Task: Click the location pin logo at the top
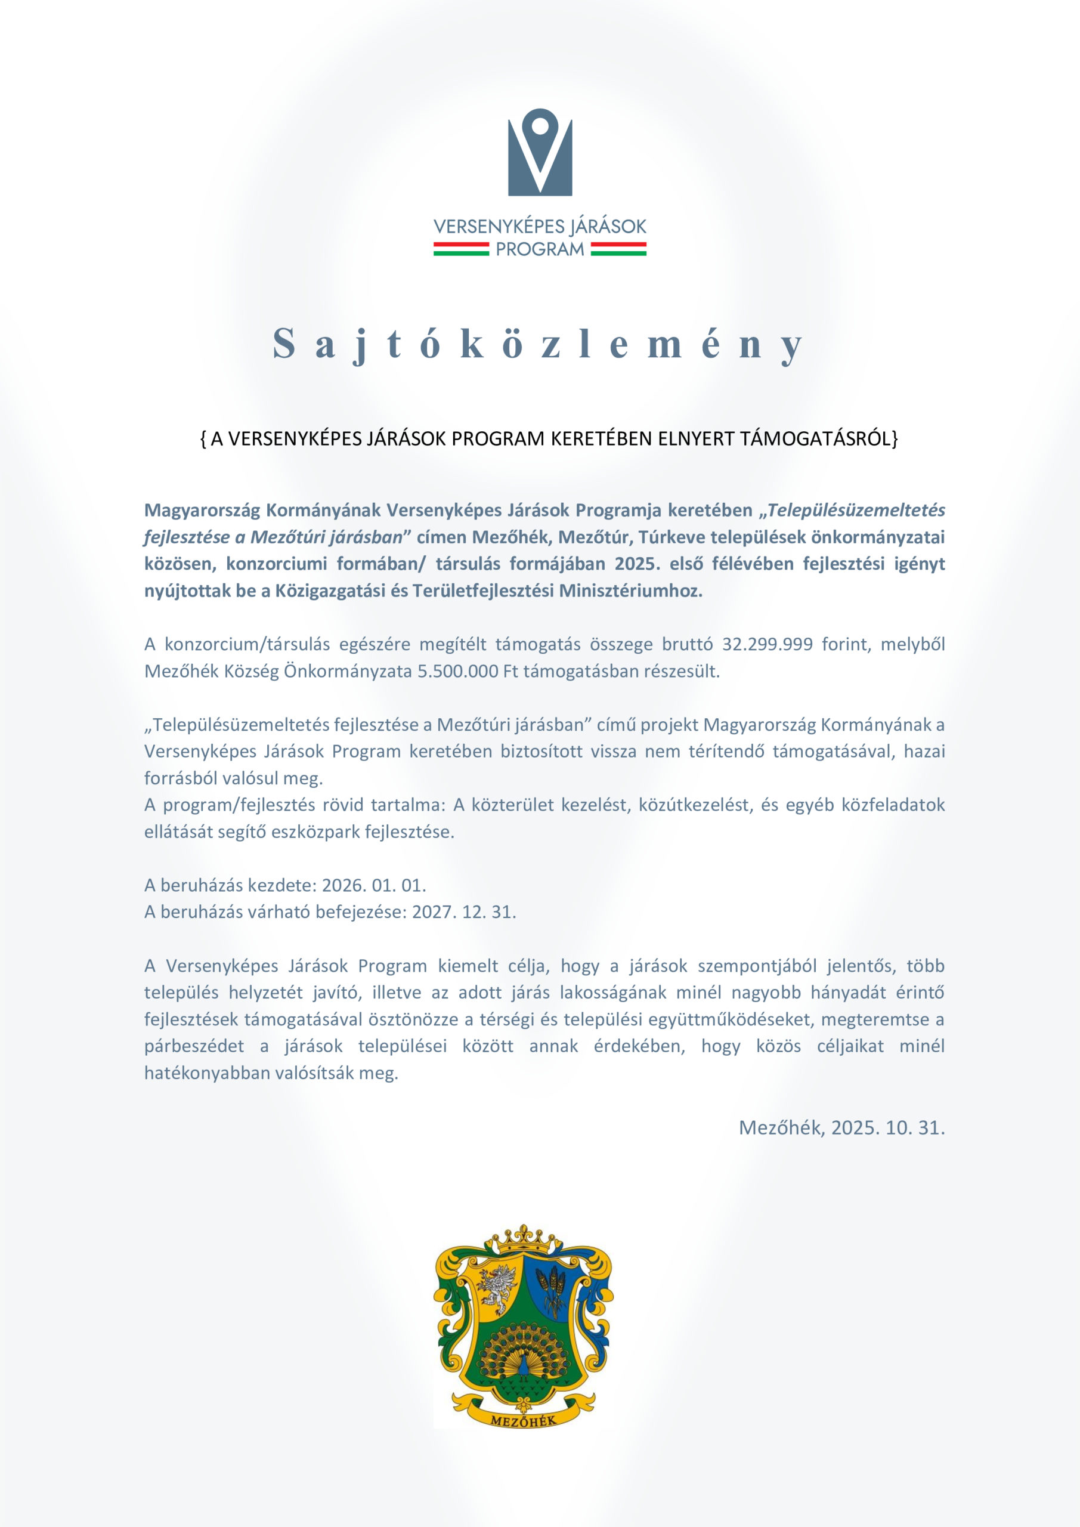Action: (x=540, y=152)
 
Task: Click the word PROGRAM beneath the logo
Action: (x=540, y=249)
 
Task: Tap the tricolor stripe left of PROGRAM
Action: (x=461, y=249)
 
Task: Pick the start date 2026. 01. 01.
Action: (x=374, y=885)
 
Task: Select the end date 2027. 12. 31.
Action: (x=463, y=912)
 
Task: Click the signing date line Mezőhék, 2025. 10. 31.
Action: (x=841, y=1127)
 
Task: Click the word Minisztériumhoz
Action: (x=630, y=591)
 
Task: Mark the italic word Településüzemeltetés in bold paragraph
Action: (x=856, y=510)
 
